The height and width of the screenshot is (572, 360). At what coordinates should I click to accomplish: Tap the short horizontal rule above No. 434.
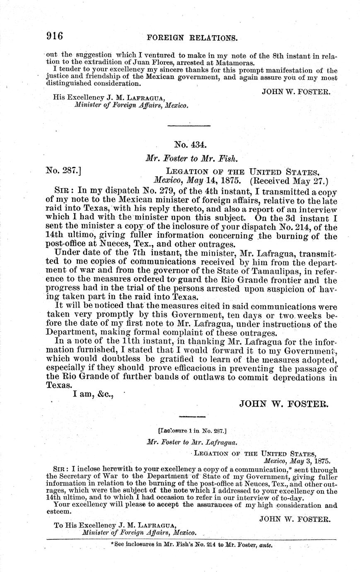(189, 125)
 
